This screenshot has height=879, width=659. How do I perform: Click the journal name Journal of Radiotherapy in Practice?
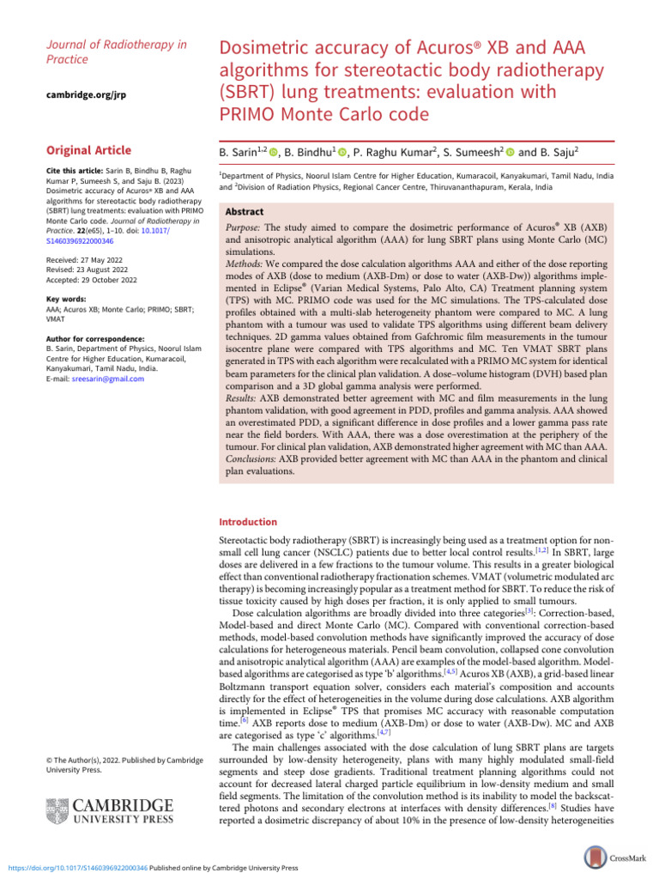coord(115,52)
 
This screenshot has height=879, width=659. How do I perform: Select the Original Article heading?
coord(88,149)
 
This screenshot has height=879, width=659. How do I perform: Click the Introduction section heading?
coord(249,522)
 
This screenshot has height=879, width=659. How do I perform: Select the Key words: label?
coord(66,300)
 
